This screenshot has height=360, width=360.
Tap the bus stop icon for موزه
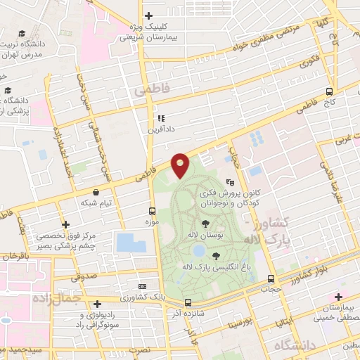tap(152, 210)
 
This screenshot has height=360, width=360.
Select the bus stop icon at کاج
tap(330, 91)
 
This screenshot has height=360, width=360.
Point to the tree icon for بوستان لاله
tap(205, 224)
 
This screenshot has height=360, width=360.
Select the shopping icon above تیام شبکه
tap(96, 191)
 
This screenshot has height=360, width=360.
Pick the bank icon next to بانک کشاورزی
tap(143, 286)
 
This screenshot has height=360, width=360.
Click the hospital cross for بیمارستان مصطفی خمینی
tap(340, 297)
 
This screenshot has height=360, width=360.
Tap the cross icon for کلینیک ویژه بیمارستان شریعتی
tap(148, 15)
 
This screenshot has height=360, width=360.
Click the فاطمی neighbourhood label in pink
tap(149, 92)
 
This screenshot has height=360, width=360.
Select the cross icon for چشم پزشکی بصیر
tap(65, 224)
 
